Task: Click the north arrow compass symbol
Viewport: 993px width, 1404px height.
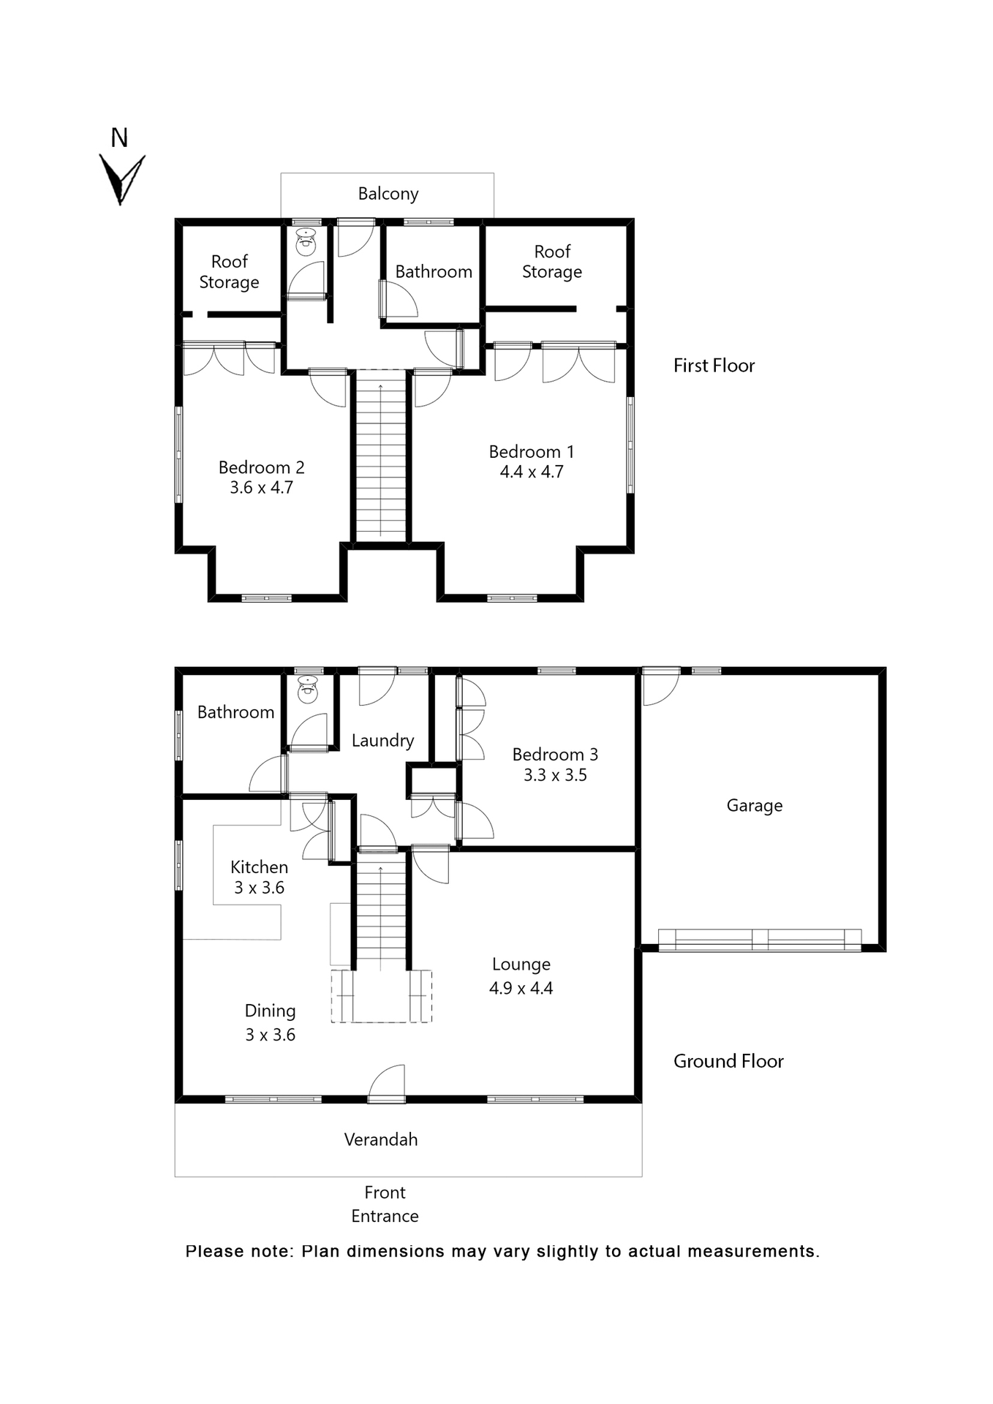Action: (121, 178)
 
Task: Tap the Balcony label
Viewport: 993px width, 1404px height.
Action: (388, 194)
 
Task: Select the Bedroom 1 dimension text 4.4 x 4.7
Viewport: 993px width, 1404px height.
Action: (532, 472)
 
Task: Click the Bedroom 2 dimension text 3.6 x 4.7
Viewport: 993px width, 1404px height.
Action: (261, 488)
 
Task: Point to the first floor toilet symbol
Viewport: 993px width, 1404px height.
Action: (306, 241)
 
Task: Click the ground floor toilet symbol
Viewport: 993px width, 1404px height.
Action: (309, 689)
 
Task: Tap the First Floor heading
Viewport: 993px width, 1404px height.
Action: (714, 366)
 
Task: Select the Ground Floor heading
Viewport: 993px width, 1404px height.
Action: (728, 1061)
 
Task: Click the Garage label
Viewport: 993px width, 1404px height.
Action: (754, 805)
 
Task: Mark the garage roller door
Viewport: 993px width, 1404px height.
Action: (760, 939)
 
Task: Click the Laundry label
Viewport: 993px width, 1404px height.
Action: (382, 740)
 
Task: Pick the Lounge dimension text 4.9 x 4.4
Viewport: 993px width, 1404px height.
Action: (521, 989)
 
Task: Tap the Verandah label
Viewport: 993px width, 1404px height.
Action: (380, 1139)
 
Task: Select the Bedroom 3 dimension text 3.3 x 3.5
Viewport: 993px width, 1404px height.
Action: (555, 775)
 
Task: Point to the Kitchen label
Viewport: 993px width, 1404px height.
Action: (259, 867)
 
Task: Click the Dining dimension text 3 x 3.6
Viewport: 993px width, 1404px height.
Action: (270, 1035)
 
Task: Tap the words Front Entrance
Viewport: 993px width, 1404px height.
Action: (385, 1204)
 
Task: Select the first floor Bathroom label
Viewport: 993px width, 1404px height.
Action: (434, 272)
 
